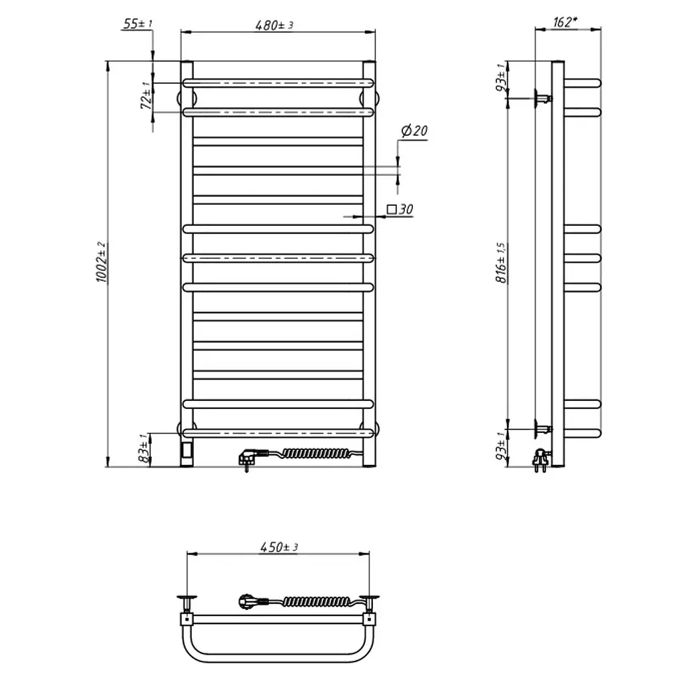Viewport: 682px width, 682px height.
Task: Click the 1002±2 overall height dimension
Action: [101, 262]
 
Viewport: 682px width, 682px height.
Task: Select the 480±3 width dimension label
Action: [274, 25]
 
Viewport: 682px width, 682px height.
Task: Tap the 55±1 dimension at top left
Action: [137, 23]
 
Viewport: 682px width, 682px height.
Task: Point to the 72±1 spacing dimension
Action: [147, 95]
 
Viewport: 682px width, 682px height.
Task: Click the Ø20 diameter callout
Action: [414, 131]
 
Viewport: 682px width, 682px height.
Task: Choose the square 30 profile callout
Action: [400, 210]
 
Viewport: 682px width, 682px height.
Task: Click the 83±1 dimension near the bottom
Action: [145, 448]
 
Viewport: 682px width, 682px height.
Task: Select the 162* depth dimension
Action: [565, 22]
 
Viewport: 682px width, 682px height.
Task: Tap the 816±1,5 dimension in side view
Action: [502, 262]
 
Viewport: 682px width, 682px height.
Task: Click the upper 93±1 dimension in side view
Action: [501, 77]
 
